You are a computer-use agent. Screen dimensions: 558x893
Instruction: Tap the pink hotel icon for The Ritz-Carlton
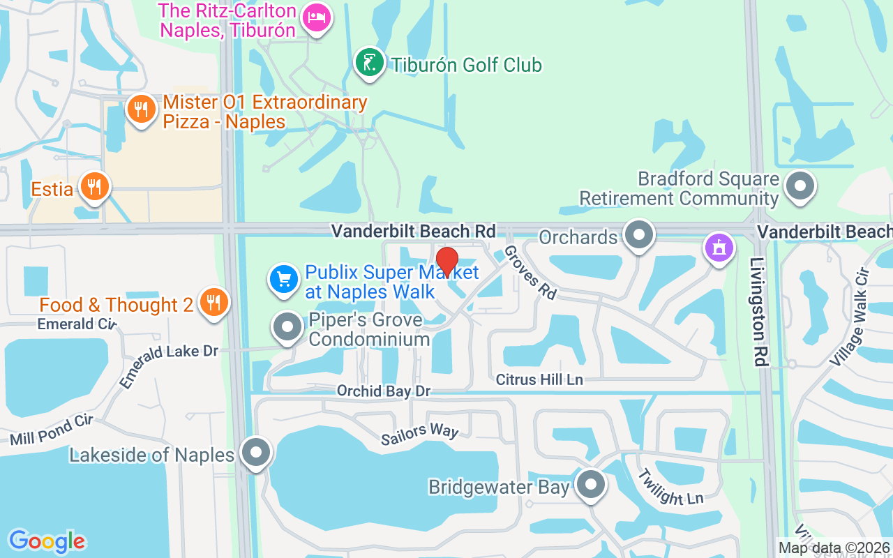[x=317, y=20]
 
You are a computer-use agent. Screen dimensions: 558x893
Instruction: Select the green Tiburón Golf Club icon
[x=370, y=63]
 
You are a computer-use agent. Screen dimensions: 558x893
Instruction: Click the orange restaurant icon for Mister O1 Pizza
[x=142, y=110]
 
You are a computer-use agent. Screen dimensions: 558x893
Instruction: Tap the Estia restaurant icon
[x=93, y=187]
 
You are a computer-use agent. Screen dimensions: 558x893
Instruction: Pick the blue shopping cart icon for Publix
[x=284, y=280]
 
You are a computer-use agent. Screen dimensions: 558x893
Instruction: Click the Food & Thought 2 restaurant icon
[x=214, y=303]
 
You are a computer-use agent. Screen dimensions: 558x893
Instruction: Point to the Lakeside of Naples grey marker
[x=256, y=453]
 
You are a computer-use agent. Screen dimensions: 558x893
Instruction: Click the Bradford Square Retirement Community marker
[x=800, y=187]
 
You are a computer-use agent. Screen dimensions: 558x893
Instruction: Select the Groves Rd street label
[x=530, y=272]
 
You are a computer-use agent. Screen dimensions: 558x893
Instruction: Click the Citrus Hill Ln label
[x=539, y=380]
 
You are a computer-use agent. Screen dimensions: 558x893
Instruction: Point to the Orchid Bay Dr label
[x=384, y=391]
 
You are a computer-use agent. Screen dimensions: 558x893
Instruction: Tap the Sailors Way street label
[x=420, y=434]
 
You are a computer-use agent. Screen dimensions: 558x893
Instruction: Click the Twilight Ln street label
[x=670, y=486]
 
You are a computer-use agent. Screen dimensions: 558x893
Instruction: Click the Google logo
[x=47, y=541]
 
